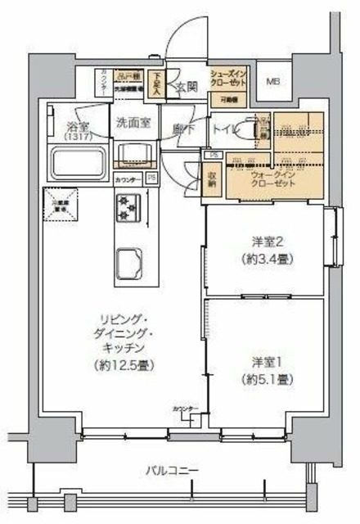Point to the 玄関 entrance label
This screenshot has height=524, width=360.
(x=185, y=85)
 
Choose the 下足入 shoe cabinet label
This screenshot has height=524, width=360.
(x=158, y=81)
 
